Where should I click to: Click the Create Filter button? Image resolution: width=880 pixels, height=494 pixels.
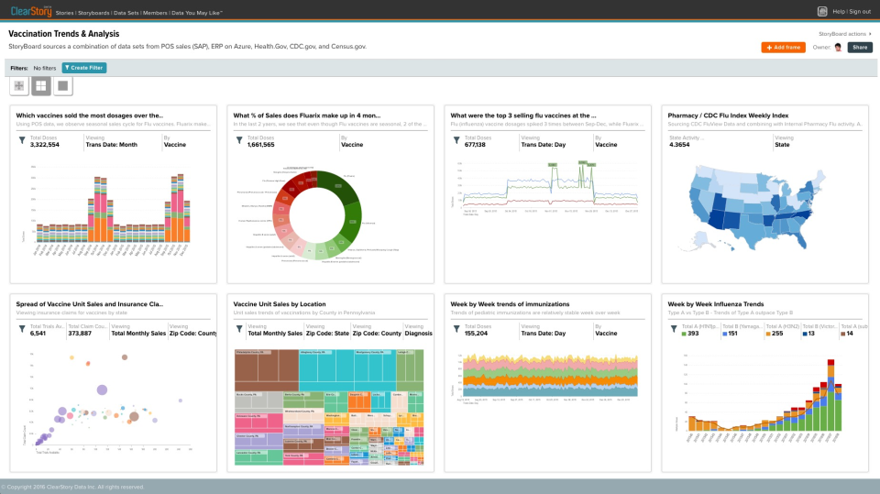83,68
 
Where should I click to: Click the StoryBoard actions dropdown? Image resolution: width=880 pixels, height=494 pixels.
844,33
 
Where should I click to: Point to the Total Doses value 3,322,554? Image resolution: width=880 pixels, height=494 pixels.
45,145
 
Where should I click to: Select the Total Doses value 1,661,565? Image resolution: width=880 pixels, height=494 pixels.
261,145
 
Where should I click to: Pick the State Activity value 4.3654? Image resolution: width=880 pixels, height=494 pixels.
679,145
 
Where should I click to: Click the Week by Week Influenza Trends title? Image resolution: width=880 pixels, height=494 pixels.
716,303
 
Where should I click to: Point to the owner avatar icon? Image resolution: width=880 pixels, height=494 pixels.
838,48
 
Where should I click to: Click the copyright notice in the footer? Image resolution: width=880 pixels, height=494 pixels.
73,487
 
